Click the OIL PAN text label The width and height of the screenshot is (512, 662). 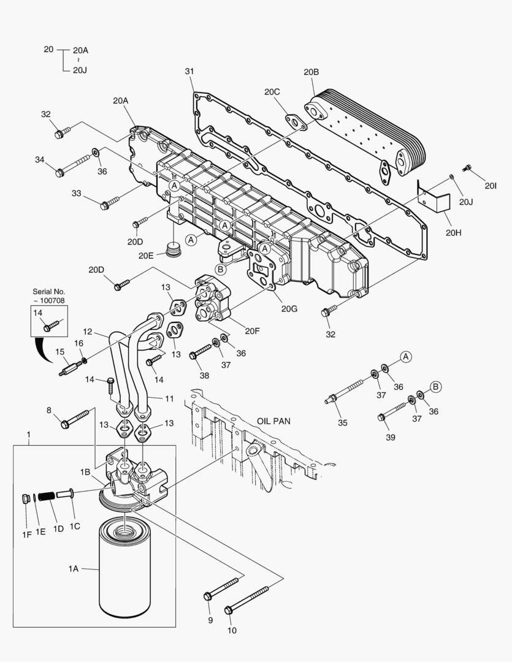273,422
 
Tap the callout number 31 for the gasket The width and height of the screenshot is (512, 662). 189,72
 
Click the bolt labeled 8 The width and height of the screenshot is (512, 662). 76,419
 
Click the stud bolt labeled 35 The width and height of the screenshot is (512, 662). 350,392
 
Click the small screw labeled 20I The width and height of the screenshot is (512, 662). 467,167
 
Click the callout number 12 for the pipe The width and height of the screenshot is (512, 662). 88,332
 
